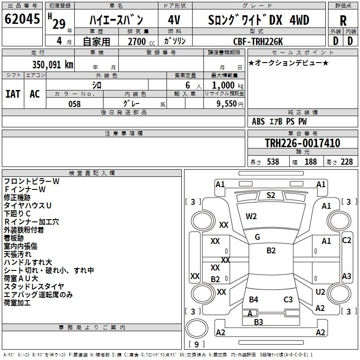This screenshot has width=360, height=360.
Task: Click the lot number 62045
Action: point(22,20)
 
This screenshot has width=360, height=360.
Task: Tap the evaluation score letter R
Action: point(343,21)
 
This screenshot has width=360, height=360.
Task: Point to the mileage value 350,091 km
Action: point(53,64)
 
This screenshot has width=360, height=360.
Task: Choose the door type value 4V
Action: point(175,20)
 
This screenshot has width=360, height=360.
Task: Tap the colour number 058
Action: point(74,103)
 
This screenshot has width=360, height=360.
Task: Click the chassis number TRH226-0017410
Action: point(302,143)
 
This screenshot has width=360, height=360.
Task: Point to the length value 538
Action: point(273,162)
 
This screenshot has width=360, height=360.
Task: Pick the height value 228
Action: point(346,162)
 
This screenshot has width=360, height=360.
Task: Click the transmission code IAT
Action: point(13,94)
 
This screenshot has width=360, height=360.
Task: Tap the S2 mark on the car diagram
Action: point(271,195)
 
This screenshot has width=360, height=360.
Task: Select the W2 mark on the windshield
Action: point(251,216)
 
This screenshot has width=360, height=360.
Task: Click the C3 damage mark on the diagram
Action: point(288,299)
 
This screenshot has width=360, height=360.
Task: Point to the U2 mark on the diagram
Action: point(320,292)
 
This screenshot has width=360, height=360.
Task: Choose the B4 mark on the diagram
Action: point(254,299)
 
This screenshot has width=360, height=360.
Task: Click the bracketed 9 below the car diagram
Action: point(196,345)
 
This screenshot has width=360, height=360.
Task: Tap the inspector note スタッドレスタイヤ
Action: point(34,287)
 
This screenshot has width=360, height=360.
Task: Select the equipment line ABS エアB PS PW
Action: point(279,121)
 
